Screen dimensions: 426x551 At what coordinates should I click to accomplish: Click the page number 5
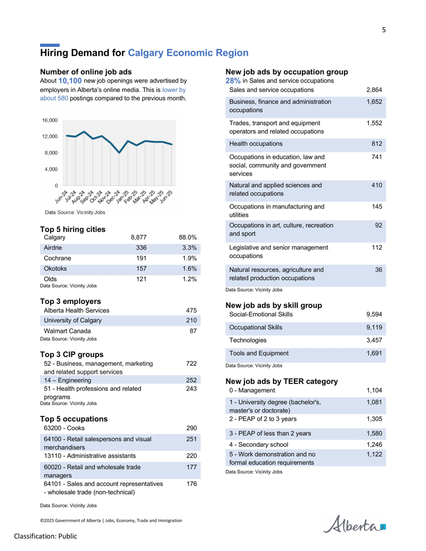point(384,30)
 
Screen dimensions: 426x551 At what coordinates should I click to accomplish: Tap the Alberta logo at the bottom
point(354,524)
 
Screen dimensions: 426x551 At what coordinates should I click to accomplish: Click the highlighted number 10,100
point(70,81)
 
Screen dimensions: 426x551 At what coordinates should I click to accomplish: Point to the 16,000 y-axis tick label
point(50,120)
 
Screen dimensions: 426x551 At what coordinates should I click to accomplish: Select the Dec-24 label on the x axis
point(113,197)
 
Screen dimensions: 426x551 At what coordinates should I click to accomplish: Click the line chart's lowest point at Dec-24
point(119,153)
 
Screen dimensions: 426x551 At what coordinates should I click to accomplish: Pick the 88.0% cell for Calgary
point(187,237)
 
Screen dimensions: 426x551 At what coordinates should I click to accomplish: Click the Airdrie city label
point(53,248)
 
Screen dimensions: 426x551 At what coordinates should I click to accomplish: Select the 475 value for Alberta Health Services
point(191,310)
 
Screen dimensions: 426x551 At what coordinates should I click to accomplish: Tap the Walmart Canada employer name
point(67,331)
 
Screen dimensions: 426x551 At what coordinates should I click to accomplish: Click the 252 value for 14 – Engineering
point(191,380)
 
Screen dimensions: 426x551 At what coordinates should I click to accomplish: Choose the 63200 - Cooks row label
point(64,428)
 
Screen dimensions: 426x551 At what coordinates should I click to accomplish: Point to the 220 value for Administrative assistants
point(191,456)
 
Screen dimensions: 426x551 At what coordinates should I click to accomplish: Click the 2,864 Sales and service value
point(374,90)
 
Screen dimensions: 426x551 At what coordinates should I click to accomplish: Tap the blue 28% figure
point(233,80)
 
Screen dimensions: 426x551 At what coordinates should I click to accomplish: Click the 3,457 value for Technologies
point(374,340)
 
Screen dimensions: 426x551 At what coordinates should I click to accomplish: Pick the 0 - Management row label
point(252,390)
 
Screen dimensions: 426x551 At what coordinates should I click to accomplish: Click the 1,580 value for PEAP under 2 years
point(374,433)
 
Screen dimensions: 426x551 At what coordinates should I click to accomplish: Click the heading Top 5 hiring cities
point(73,229)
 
